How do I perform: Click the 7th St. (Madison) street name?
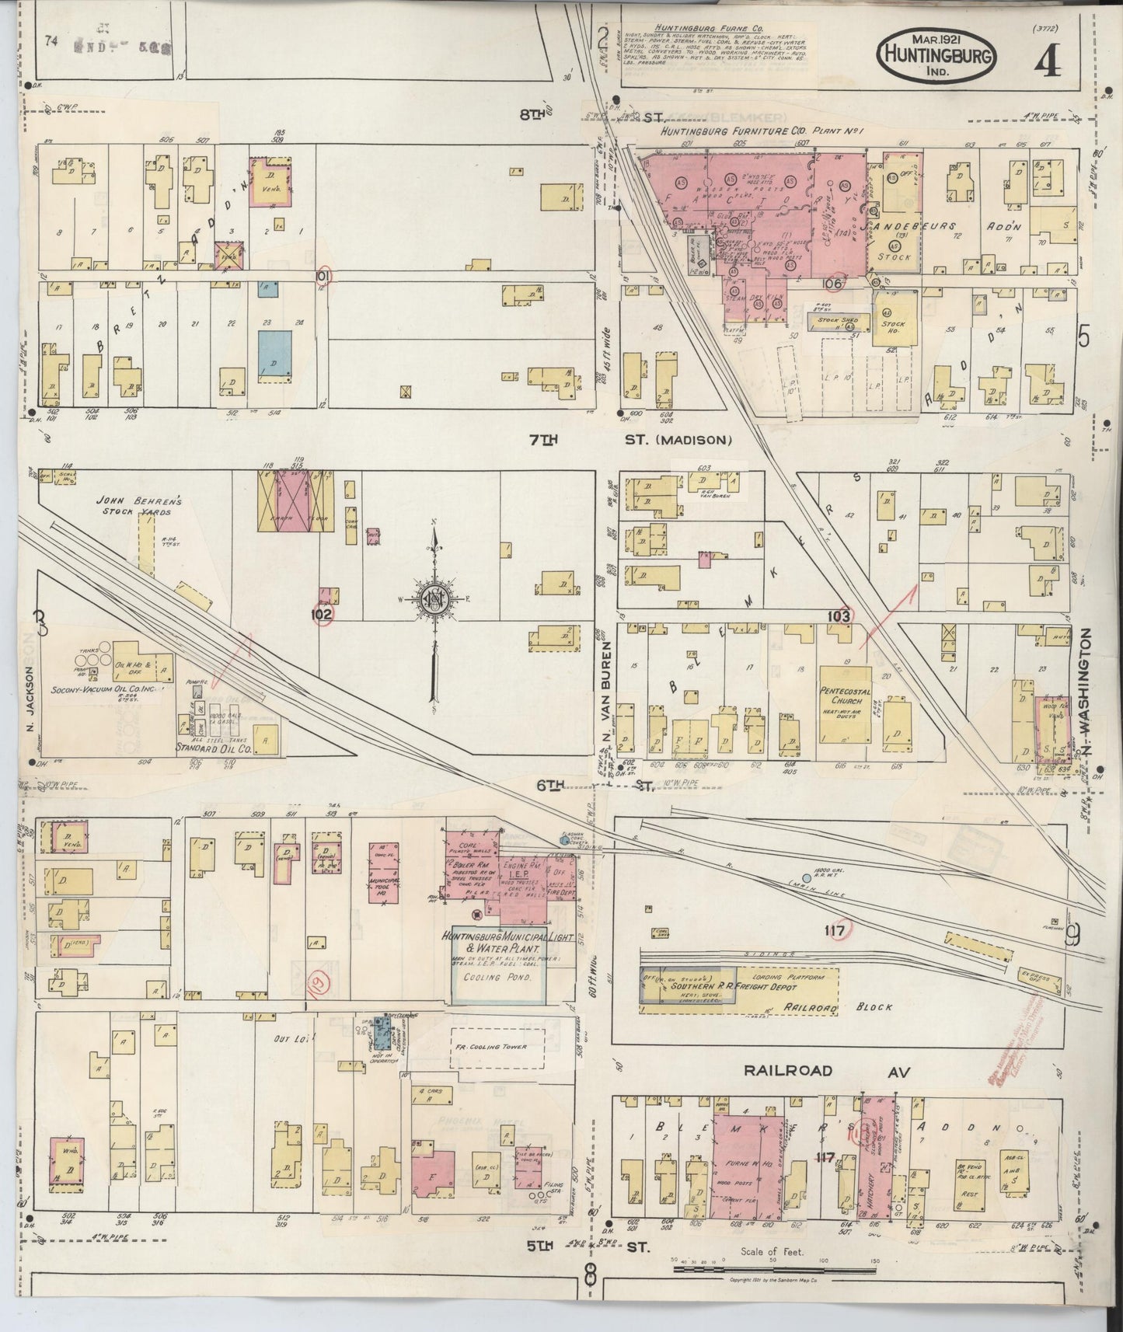click(x=630, y=441)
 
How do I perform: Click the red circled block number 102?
click(x=323, y=613)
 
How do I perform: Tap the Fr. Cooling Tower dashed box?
click(x=497, y=1047)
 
